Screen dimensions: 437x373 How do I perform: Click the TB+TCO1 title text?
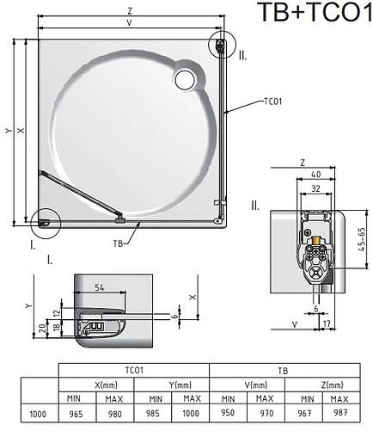(x=314, y=14)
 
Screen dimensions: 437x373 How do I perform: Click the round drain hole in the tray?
(x=185, y=79)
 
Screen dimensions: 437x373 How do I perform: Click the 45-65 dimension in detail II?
(x=365, y=243)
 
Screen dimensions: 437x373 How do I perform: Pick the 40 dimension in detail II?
(x=317, y=175)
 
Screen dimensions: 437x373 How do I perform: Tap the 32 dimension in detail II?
(x=316, y=189)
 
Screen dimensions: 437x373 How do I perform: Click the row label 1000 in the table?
(x=38, y=414)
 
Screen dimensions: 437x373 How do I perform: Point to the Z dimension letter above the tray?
(x=128, y=12)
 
